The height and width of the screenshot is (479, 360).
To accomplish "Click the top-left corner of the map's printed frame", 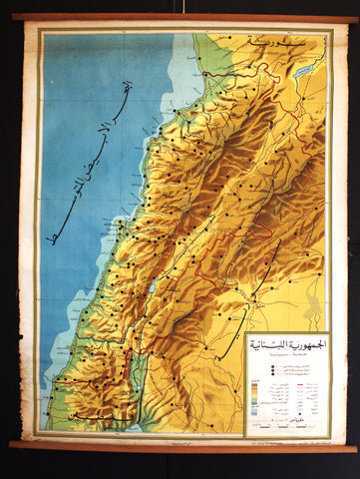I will [x=39, y=31].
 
